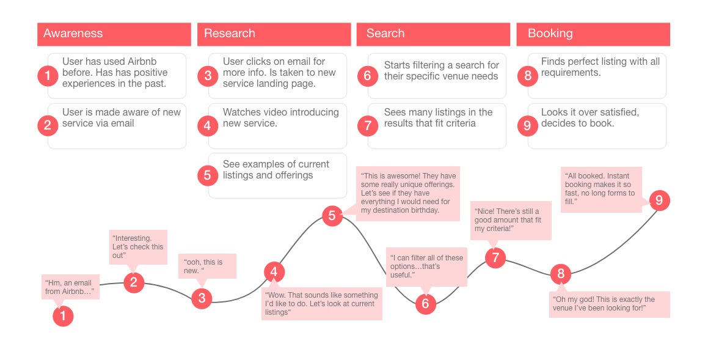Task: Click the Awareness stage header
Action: (114, 34)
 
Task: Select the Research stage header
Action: (274, 34)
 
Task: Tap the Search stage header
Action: (433, 34)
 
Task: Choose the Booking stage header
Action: (593, 34)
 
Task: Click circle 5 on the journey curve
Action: (332, 215)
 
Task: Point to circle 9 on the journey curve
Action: (659, 200)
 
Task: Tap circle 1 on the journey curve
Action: (63, 316)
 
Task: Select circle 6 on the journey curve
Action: (426, 304)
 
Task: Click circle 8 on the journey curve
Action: (561, 273)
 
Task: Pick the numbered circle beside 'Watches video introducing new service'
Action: (208, 127)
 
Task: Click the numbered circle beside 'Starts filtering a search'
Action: (368, 76)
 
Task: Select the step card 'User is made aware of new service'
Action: (117, 126)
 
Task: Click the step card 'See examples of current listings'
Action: (277, 175)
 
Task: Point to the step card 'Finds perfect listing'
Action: (597, 76)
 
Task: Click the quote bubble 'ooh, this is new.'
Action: (206, 266)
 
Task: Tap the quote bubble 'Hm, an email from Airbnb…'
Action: (70, 287)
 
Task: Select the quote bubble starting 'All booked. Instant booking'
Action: (601, 189)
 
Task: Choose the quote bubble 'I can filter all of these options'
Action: (427, 266)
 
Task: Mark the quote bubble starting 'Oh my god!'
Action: (609, 304)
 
